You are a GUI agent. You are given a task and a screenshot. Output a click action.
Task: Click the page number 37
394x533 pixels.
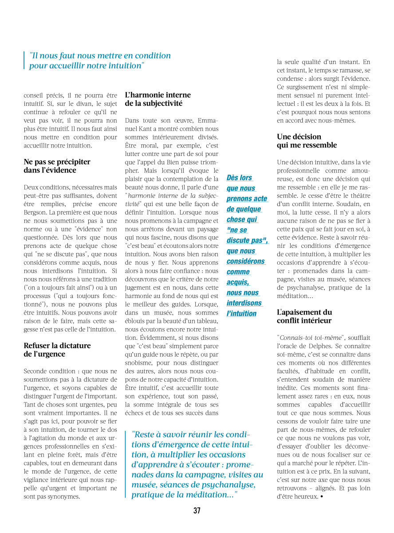pos(197,511)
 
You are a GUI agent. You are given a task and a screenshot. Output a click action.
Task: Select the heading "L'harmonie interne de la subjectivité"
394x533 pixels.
pos(158,99)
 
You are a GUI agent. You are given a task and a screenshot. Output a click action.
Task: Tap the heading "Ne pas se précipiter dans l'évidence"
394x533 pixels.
pos(56,166)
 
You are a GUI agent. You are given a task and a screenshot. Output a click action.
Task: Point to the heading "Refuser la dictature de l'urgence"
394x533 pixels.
pos(57,350)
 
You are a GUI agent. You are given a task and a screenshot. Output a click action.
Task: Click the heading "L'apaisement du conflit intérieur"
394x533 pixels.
pos(304,316)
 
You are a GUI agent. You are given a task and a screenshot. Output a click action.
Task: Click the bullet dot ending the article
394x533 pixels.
pos(320,497)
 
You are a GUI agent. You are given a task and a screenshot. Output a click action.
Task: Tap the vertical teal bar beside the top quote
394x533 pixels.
pos(24,60)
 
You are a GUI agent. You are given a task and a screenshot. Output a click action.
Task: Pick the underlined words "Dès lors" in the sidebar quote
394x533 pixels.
pos(239,178)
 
